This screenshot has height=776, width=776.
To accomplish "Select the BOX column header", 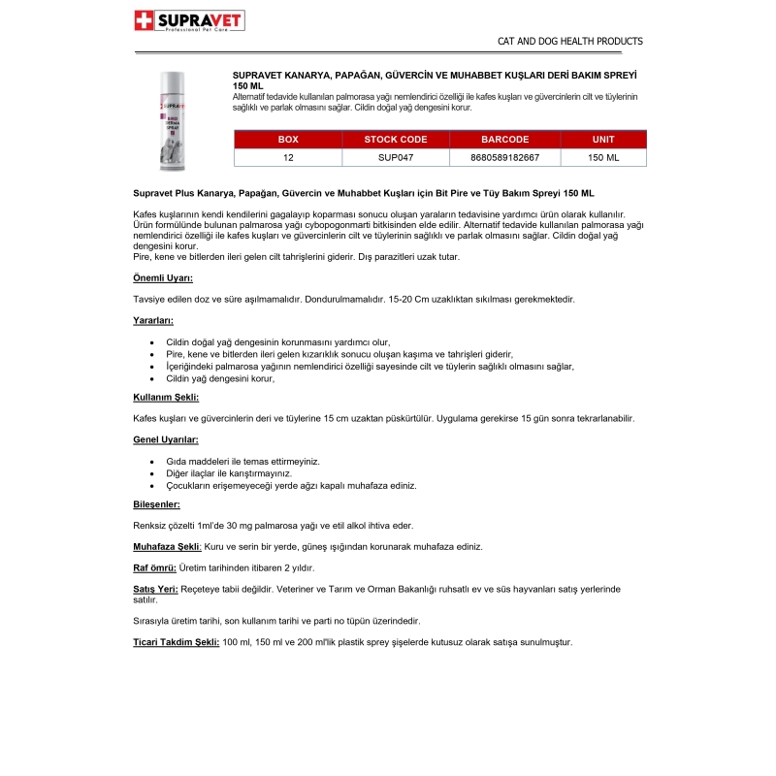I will (x=288, y=140).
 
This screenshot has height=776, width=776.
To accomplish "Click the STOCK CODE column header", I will (x=396, y=140).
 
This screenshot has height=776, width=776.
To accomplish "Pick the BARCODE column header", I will (x=504, y=140).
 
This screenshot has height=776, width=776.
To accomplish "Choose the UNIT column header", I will (x=603, y=140).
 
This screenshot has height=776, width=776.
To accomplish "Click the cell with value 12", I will (x=288, y=156).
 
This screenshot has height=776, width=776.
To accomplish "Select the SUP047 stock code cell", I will (x=396, y=156).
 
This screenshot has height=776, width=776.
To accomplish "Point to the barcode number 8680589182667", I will (x=504, y=156).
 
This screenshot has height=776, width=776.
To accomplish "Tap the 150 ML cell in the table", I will (x=603, y=156).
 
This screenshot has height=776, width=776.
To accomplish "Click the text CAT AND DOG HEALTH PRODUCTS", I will (x=569, y=42).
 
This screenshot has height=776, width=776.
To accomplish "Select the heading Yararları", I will (x=153, y=320).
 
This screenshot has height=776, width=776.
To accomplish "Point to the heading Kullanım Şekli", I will (x=166, y=397).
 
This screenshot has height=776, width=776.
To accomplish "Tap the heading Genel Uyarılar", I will (x=165, y=439).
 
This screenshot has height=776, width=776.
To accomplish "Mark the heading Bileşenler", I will (x=156, y=504).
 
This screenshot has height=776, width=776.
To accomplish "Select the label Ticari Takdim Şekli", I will (x=176, y=642).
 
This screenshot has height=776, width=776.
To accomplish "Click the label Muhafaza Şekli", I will (x=167, y=546).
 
